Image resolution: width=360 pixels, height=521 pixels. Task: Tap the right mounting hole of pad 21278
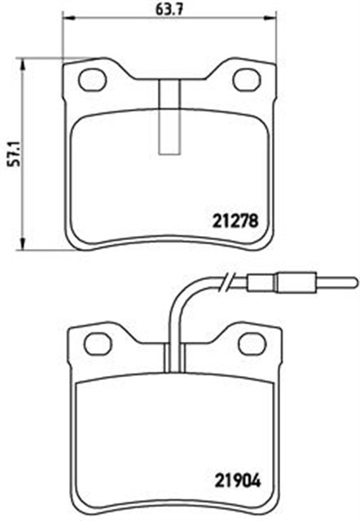tap(244, 80)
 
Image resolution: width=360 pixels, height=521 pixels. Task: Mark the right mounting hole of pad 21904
tap(249, 344)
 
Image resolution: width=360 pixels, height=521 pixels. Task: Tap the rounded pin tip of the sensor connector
tap(353, 283)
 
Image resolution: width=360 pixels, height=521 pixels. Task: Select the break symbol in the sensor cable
tap(232, 283)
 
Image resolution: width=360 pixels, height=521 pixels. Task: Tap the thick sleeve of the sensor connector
tap(292, 283)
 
